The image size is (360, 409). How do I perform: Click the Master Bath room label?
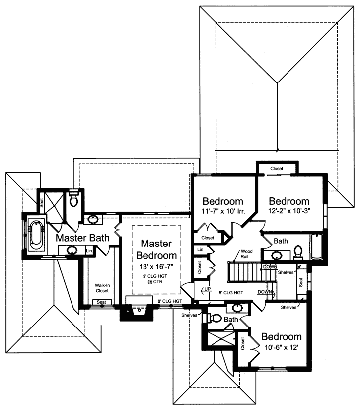point(82,238)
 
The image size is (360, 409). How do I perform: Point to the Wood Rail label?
point(247,254)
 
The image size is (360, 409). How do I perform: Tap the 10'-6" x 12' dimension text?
point(281,349)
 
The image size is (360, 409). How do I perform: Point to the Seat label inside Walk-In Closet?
point(101,302)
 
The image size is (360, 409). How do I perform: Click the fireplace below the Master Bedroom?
point(137,311)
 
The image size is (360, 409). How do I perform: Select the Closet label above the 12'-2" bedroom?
point(277,169)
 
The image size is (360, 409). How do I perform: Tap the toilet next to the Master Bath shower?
point(74,200)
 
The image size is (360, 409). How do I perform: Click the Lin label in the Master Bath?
point(89,252)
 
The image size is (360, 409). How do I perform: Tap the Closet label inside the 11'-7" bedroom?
point(208,238)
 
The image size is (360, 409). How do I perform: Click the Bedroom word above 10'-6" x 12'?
point(282,337)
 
